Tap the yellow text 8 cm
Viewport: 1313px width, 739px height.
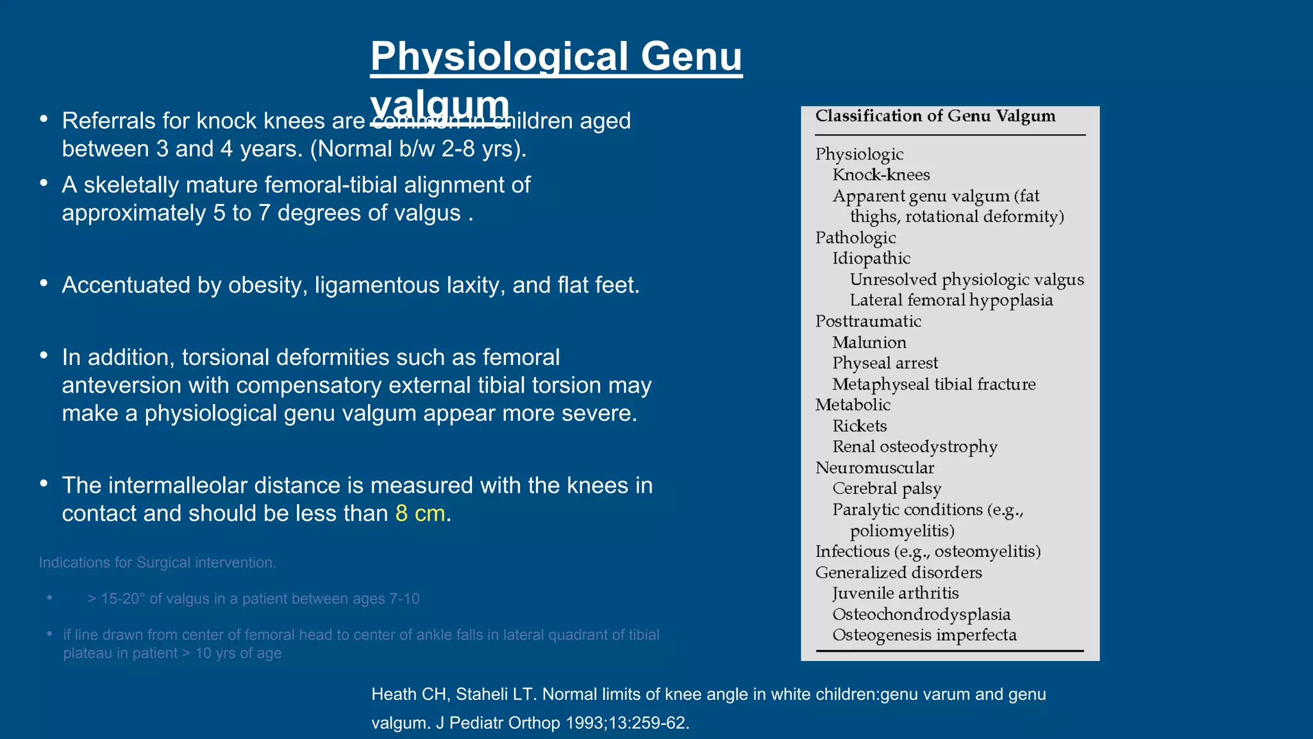(420, 513)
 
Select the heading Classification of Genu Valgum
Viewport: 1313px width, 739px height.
(935, 116)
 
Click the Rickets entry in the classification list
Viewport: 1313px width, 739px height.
(859, 426)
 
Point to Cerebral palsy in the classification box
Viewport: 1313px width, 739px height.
(886, 489)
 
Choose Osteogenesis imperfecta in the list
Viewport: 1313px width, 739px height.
(924, 635)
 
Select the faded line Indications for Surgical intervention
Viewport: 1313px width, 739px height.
(157, 563)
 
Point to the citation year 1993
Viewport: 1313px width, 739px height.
(584, 723)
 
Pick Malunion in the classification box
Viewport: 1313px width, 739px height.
(869, 343)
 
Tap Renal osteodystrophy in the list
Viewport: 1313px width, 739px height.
(914, 447)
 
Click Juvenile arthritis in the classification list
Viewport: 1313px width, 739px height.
(895, 593)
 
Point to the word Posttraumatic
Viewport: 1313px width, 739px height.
(867, 321)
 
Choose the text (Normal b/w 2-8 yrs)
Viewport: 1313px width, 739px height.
(418, 149)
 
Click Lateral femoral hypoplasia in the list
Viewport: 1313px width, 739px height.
(951, 300)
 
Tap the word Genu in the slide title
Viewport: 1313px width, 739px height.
(690, 56)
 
